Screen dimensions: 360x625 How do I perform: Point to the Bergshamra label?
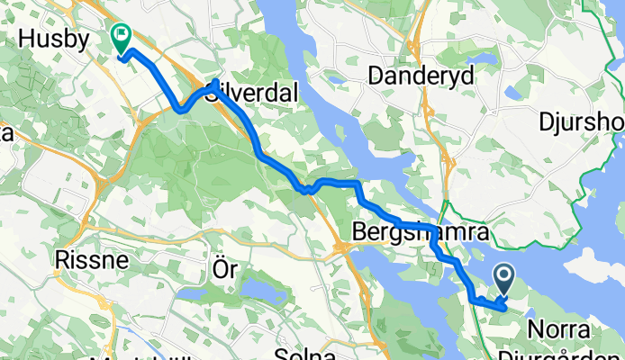tap(419, 233)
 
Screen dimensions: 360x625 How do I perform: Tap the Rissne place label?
tap(91, 260)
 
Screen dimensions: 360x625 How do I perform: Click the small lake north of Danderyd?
tap(484, 59)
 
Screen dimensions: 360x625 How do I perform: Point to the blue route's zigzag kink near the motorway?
tap(307, 189)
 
